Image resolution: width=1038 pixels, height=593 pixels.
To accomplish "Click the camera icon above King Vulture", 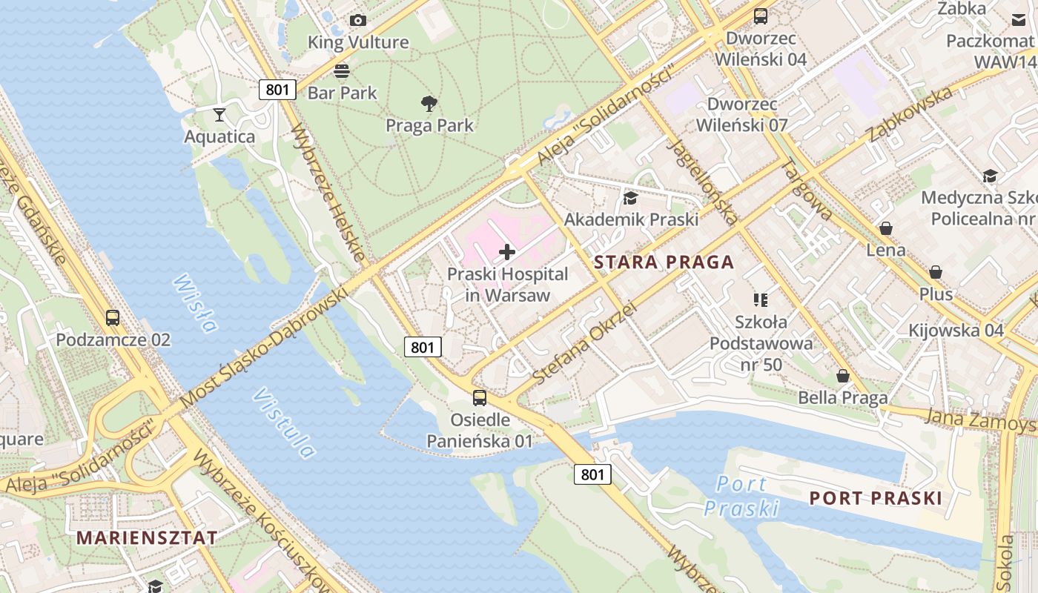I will click(x=358, y=20).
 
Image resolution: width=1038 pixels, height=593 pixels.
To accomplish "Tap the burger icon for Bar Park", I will click(x=342, y=71).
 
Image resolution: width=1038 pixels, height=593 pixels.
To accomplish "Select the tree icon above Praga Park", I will click(x=429, y=104).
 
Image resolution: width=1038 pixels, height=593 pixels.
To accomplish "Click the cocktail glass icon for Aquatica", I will click(x=219, y=114).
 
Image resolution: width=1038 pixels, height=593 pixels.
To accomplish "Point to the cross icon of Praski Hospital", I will click(x=507, y=252).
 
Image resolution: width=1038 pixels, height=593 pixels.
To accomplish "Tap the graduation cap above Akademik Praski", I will click(x=630, y=198).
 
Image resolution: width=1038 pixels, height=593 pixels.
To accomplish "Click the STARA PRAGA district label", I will click(x=664, y=262).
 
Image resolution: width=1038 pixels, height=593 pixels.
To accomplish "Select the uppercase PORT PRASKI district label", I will click(x=876, y=497).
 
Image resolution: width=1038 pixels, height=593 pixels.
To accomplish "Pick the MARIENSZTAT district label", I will click(x=148, y=537).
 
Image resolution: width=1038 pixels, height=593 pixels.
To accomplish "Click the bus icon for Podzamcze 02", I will click(x=113, y=318).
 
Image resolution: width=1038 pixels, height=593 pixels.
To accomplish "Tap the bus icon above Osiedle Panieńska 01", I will click(x=480, y=398).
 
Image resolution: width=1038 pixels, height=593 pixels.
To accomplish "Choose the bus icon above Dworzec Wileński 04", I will click(x=761, y=16).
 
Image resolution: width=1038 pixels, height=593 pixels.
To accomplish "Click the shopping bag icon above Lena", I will click(x=886, y=228).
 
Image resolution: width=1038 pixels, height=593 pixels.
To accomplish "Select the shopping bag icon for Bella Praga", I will click(x=843, y=377).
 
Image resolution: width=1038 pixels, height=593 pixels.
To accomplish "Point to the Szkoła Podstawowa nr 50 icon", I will click(x=761, y=300).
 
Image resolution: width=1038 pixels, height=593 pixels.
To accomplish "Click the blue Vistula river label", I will click(x=283, y=423).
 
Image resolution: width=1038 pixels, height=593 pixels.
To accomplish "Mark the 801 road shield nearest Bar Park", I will click(x=277, y=90).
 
